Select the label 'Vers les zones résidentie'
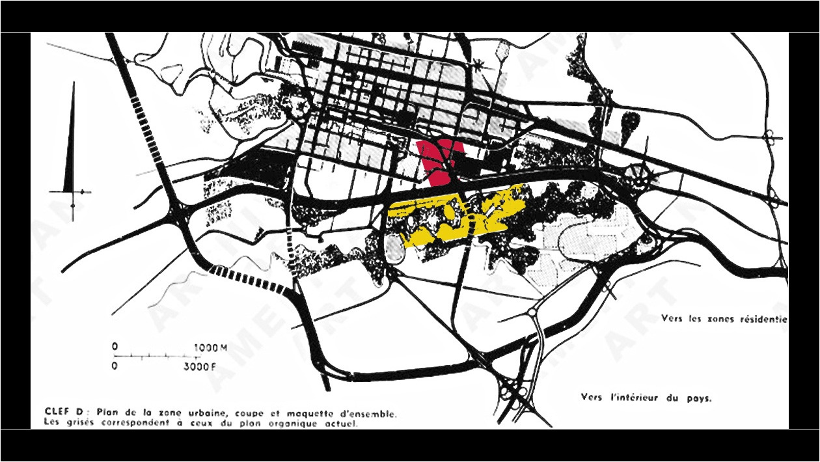(724, 319)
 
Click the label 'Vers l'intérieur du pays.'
(646, 397)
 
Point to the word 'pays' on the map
(697, 398)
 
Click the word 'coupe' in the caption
(244, 412)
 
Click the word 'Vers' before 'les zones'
(672, 319)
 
